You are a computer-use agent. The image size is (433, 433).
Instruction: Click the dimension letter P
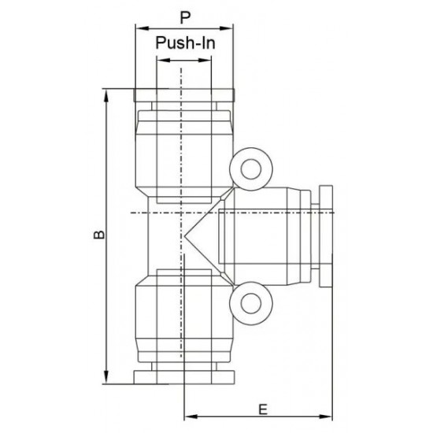(x=184, y=17)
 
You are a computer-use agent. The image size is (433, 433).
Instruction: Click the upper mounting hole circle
(x=251, y=168)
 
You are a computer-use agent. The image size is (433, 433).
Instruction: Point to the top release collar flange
(x=184, y=96)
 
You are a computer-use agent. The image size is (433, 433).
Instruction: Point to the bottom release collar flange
(x=184, y=375)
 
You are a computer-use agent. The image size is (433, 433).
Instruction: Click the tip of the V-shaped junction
(x=187, y=235)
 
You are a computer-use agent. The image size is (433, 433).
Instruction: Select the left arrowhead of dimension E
(x=187, y=416)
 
